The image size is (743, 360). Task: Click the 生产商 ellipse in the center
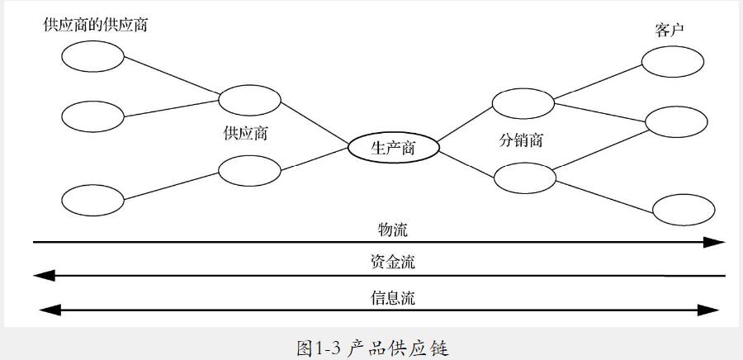(393, 148)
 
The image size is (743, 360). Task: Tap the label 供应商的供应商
(96, 25)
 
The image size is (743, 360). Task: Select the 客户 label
(670, 30)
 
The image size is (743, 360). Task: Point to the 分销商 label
(521, 140)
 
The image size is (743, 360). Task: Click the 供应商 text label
(245, 133)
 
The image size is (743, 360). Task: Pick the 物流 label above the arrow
(393, 229)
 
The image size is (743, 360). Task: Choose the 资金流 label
(393, 263)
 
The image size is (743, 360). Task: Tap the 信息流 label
(393, 297)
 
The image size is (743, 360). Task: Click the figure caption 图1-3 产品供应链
(371, 348)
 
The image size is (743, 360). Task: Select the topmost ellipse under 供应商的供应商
(92, 57)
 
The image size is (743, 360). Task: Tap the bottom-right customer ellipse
(684, 209)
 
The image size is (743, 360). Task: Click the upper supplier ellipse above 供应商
(249, 100)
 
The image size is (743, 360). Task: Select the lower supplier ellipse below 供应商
(249, 170)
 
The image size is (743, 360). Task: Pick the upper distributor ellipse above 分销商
(523, 102)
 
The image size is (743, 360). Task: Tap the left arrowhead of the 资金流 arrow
(43, 276)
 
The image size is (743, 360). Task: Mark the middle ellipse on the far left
(92, 116)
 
